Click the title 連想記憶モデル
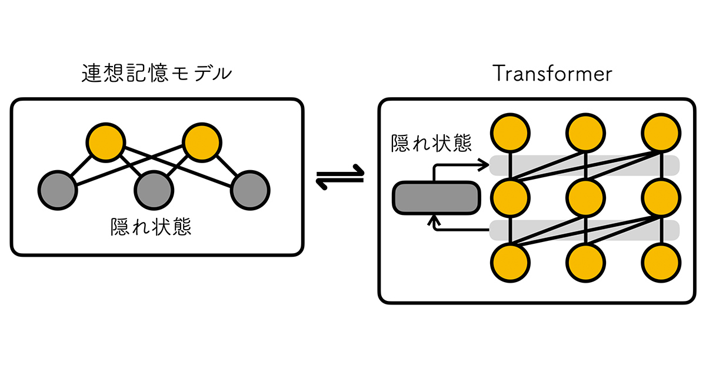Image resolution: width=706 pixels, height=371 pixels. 156,74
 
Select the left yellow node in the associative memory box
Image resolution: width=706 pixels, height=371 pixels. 106,141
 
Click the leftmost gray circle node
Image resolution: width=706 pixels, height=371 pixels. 58,190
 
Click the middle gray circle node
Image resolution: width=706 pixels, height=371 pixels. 154,190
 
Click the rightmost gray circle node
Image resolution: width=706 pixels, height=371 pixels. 250,190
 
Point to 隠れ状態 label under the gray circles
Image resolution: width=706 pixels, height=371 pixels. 151,227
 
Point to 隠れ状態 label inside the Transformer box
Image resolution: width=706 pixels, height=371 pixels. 431,143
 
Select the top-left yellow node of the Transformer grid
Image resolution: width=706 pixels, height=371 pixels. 510,132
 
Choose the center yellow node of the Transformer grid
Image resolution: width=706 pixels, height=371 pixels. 585,197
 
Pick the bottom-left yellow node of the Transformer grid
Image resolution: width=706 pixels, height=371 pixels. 510,262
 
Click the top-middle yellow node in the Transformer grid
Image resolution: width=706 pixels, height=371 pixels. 585,132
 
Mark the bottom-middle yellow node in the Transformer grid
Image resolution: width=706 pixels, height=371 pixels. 585,262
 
